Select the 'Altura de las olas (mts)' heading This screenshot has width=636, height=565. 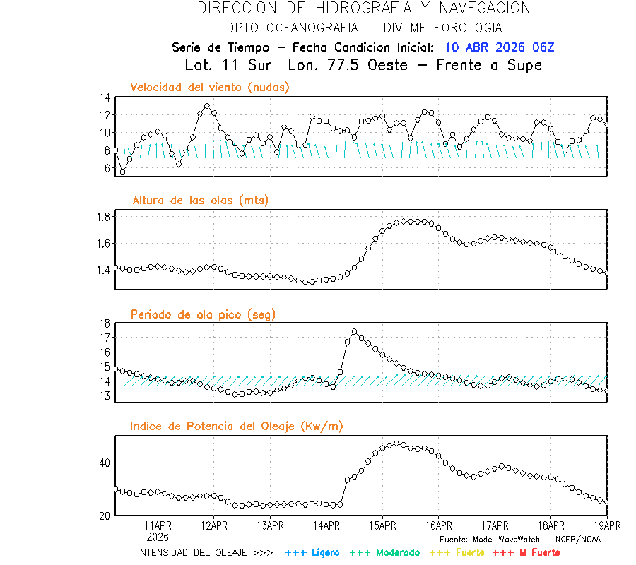pyautogui.click(x=200, y=201)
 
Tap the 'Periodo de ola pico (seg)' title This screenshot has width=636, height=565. pyautogui.click(x=203, y=314)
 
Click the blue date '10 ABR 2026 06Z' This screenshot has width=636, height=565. pyautogui.click(x=500, y=47)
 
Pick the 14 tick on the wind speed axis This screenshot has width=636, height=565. pyautogui.click(x=105, y=97)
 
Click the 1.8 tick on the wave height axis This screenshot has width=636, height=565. pyautogui.click(x=102, y=217)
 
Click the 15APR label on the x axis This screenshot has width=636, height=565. pyautogui.click(x=382, y=525)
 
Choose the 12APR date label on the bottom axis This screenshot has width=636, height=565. pyautogui.click(x=214, y=525)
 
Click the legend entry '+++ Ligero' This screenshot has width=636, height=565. pyautogui.click(x=312, y=552)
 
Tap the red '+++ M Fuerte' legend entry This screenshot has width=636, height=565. pyautogui.click(x=526, y=552)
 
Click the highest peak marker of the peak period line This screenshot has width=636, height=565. pyautogui.click(x=354, y=331)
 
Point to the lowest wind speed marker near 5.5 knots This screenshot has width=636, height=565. pyautogui.click(x=122, y=172)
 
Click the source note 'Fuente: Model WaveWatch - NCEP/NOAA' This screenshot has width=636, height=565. pyautogui.click(x=519, y=539)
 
